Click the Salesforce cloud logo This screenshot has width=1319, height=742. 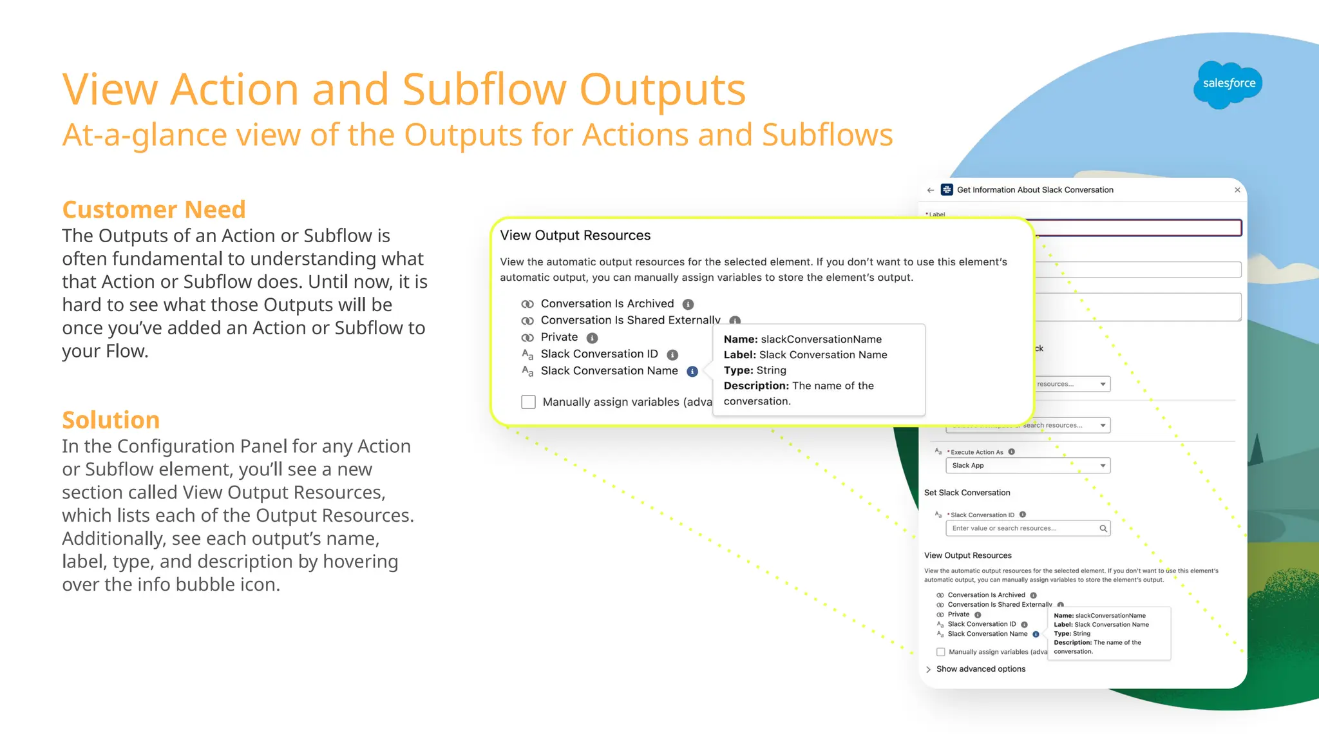(1228, 84)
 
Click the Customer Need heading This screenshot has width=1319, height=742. (154, 209)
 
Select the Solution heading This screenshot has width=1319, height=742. (111, 420)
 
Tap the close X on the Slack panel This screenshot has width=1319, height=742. (1237, 190)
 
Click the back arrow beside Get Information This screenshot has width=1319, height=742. (931, 190)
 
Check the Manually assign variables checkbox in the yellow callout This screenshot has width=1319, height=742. (528, 402)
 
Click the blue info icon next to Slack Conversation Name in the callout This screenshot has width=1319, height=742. (692, 372)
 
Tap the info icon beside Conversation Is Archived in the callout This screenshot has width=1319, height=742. (688, 304)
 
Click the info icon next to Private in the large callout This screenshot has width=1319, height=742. (592, 338)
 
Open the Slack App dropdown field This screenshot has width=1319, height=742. (1027, 466)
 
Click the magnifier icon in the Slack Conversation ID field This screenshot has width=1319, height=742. (1103, 528)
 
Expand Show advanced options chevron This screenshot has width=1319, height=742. (928, 669)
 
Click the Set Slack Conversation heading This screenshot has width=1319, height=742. (967, 493)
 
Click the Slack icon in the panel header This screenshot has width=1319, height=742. (947, 189)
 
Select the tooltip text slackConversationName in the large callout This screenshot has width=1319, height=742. (821, 339)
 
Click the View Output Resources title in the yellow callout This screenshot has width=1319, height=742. (575, 236)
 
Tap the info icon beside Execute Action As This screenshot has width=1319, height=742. (1012, 452)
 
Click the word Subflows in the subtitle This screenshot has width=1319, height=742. (827, 135)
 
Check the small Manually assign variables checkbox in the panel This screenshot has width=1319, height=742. (941, 652)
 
